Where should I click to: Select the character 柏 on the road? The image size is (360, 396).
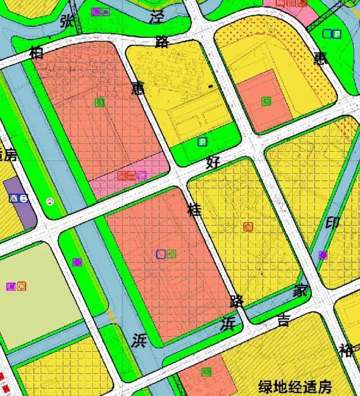tap(37, 52)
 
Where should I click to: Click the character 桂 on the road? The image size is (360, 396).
tap(195, 210)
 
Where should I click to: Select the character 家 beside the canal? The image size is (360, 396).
tap(300, 291)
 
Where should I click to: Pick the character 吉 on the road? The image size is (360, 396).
tap(284, 320)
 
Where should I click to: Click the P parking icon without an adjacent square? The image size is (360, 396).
tap(203, 142)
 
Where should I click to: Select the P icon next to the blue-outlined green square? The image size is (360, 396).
tap(337, 34)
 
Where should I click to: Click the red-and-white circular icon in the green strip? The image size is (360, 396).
tap(50, 201)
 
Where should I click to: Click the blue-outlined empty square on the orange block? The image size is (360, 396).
tap(161, 254)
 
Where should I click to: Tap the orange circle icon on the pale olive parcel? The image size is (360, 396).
tap(22, 286)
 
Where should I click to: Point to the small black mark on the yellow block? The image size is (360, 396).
tap(211, 86)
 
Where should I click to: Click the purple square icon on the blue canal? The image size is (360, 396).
tap(323, 255)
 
